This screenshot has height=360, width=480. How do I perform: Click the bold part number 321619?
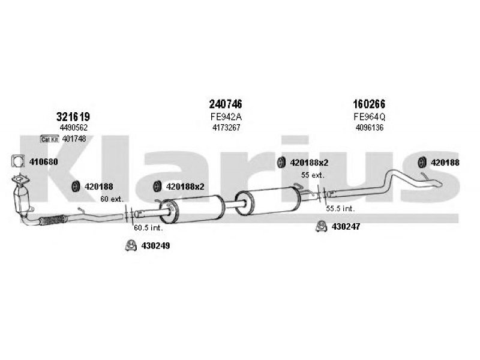click(73, 116)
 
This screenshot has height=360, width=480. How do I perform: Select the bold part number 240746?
click(226, 104)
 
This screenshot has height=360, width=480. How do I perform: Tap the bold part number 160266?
click(369, 104)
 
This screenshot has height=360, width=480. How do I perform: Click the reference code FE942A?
click(226, 116)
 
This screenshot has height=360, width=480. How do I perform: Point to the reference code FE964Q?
click(370, 116)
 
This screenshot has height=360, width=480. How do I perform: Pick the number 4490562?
click(73, 127)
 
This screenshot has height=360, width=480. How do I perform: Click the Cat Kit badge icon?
click(50, 139)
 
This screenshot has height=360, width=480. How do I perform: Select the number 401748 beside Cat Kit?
click(74, 139)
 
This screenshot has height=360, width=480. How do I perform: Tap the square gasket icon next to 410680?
click(18, 161)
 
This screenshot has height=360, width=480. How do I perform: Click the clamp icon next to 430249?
click(131, 245)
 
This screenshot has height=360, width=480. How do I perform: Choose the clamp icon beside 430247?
click(321, 226)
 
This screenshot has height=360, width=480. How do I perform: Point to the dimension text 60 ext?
click(112, 199)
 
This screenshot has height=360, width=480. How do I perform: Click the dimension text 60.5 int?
click(148, 228)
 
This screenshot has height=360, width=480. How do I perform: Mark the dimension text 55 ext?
click(313, 175)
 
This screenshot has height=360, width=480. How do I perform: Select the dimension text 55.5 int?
click(340, 209)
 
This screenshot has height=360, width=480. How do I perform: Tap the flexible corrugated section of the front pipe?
click(53, 220)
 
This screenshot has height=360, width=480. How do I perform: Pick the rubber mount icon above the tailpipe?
click(422, 162)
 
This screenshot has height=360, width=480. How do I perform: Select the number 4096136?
click(370, 127)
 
